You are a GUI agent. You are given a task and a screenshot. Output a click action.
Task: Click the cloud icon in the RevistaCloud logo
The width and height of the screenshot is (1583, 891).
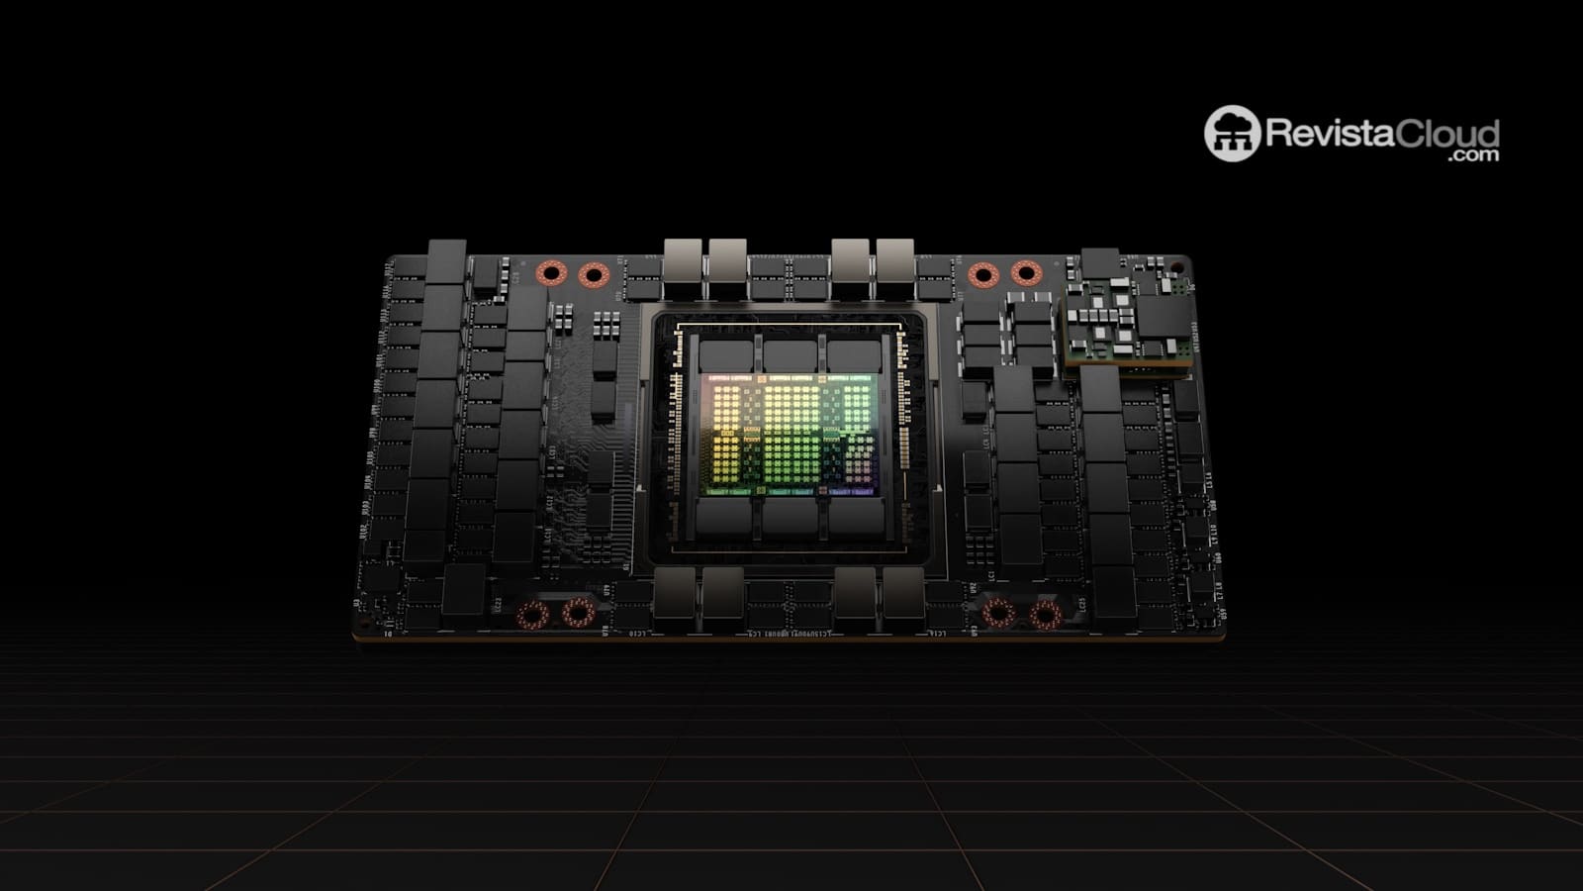coord(1231,133)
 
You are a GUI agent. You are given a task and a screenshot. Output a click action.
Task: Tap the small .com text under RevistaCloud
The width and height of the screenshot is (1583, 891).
coord(1476,155)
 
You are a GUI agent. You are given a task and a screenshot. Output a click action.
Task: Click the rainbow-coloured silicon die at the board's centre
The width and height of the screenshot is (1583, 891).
coord(788,436)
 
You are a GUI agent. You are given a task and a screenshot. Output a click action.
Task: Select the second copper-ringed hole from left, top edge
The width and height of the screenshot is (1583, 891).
coord(593,273)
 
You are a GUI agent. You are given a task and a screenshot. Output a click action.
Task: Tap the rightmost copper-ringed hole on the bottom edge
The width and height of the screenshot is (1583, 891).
coord(1045,615)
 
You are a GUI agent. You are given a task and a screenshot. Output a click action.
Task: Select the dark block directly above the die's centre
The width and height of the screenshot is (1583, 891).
coord(789,354)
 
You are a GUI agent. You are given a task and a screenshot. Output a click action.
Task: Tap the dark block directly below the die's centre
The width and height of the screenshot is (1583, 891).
coord(789,519)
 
